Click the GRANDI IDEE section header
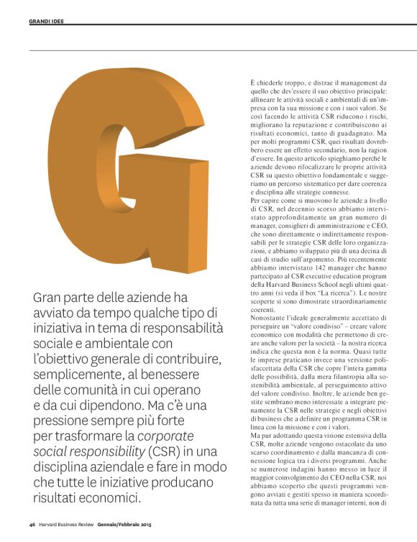(47, 22)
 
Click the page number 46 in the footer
(32, 524)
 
